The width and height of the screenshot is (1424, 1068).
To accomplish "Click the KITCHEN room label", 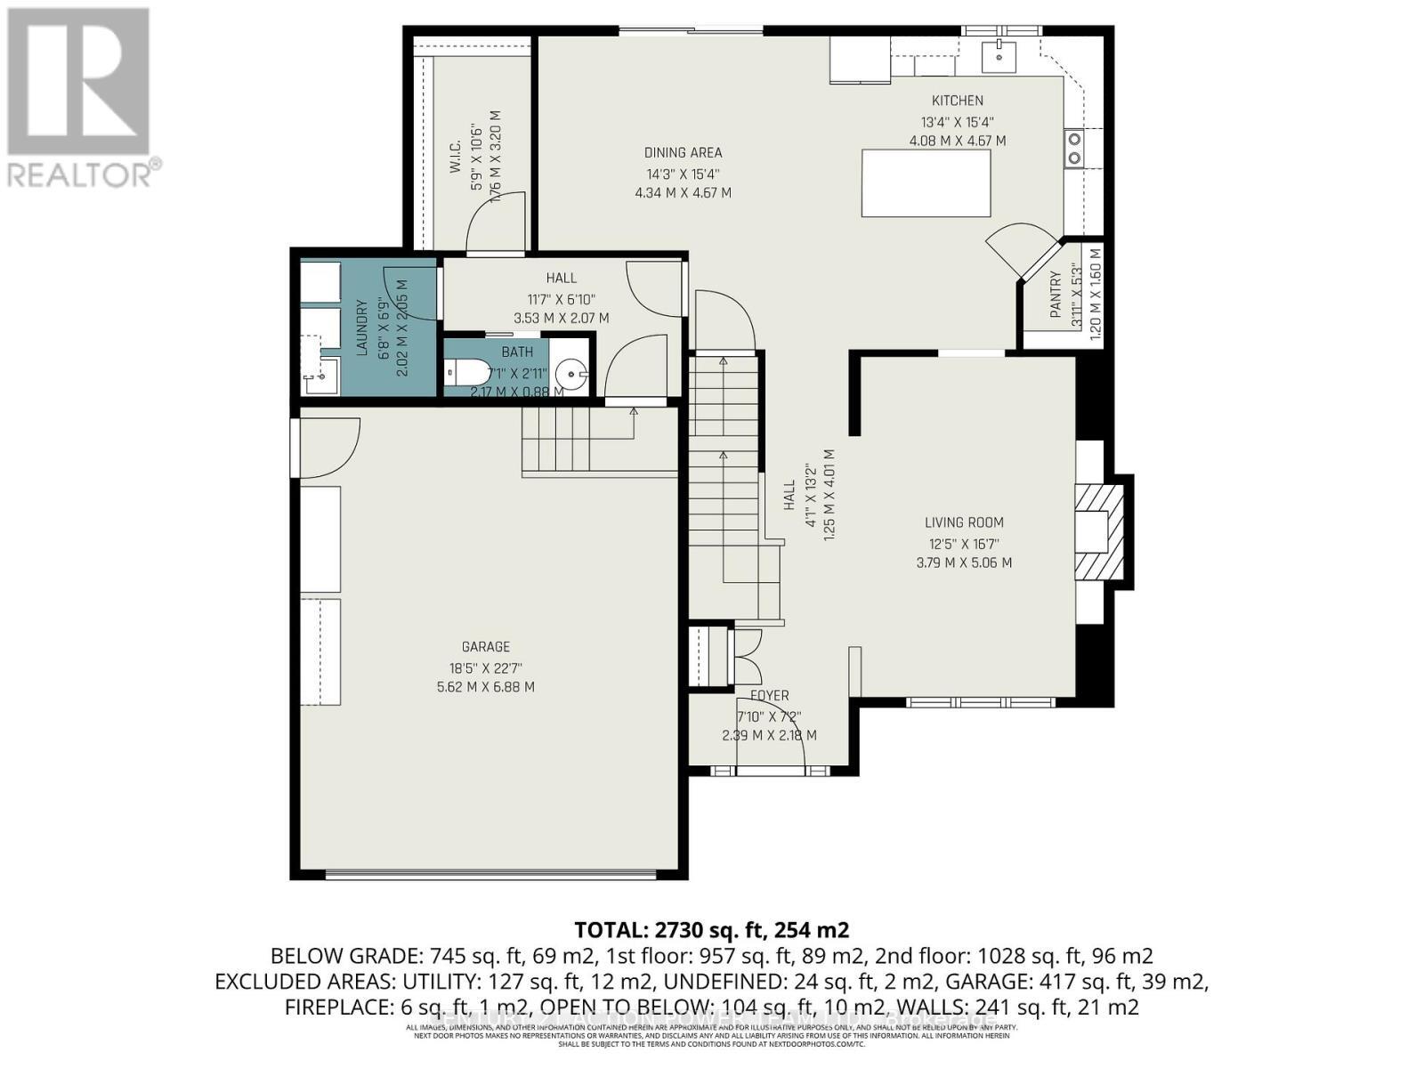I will pos(957,101).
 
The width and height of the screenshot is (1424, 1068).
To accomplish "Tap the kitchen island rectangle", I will pos(926,183).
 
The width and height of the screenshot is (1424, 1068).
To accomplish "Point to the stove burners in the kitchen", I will pos(1074,148).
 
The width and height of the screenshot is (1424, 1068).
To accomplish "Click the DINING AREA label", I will pos(683,153).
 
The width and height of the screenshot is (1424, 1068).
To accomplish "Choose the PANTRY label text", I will pos(1056,294).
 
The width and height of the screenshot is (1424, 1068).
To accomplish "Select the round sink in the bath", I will pos(570,371).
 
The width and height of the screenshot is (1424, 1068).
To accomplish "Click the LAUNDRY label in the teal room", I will pos(362,327).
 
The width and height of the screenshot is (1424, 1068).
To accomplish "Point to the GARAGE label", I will pos(485,647).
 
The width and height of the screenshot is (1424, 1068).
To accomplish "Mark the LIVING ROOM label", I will pos(963,523).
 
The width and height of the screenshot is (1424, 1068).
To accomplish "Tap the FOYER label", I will pos(768,696).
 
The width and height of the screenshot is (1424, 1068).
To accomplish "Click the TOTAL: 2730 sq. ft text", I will pos(711,931).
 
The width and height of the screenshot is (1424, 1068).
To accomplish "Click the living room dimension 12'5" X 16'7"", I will pos(963,544).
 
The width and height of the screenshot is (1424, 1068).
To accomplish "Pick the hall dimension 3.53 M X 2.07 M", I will pos(561,318).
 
